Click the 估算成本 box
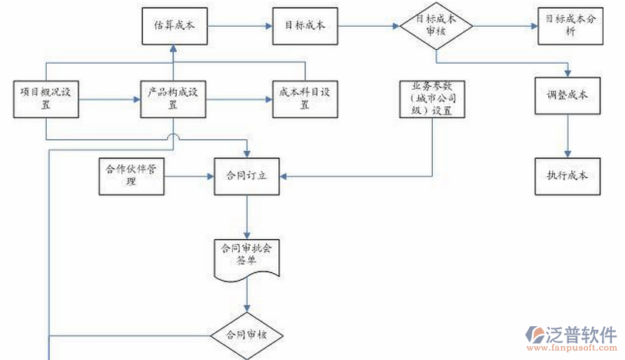tap(174, 25)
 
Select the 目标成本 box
tap(305, 25)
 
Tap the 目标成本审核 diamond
tap(436, 25)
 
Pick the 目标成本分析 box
tap(569, 25)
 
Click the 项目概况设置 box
tap(46, 99)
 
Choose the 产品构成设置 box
tap(174, 99)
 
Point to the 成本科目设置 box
tap(305, 99)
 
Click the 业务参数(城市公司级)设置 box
tap(431, 99)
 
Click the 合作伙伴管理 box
tap(131, 176)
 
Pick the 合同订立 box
tap(246, 176)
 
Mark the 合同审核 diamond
tap(247, 335)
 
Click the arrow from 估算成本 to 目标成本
tap(239, 25)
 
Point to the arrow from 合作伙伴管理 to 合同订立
tap(188, 176)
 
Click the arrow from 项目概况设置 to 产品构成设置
tap(108, 99)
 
